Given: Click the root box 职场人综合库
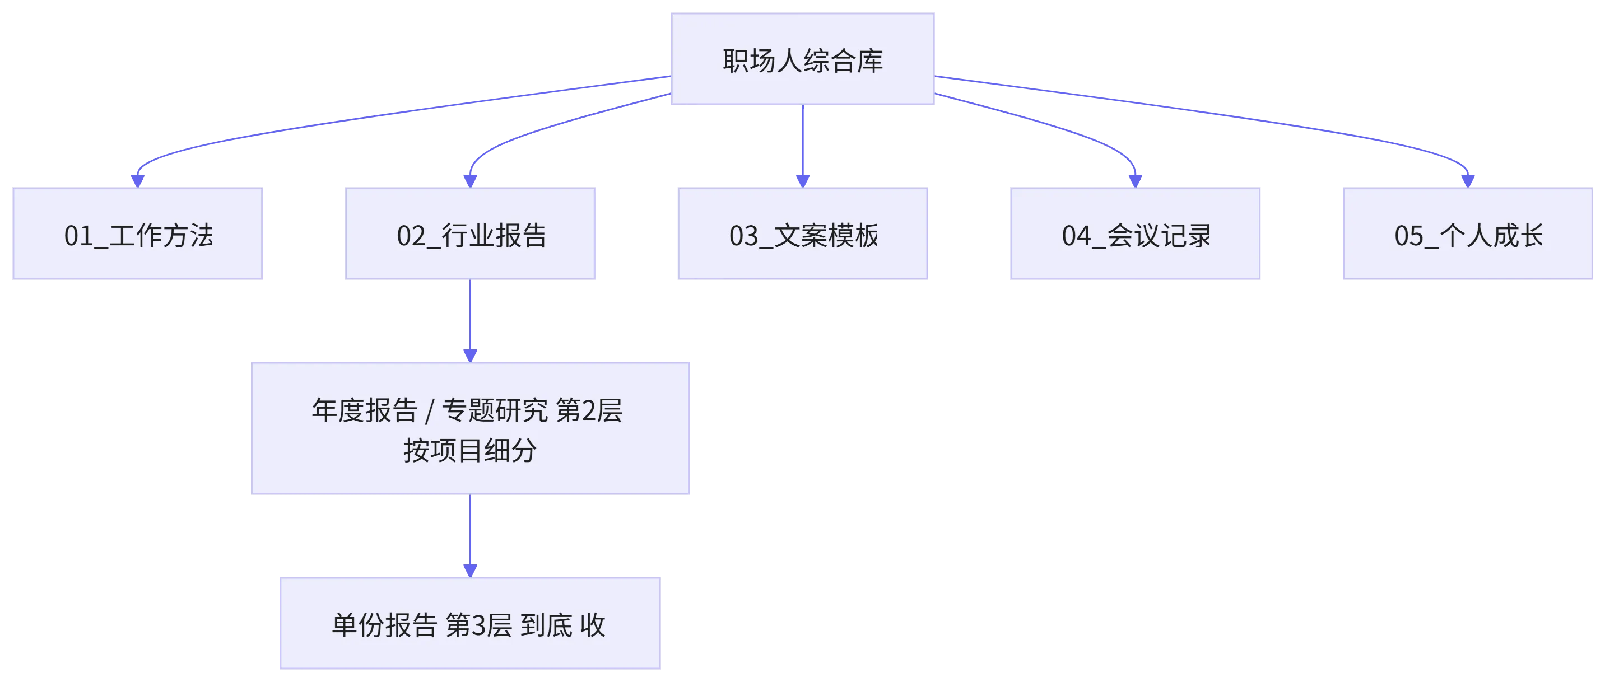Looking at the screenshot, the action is click(x=802, y=59).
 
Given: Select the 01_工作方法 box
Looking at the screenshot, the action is click(x=138, y=233).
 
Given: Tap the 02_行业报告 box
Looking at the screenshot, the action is click(x=471, y=233).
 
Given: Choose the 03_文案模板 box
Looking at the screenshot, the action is click(x=802, y=233).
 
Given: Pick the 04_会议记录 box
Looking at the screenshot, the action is click(x=1135, y=233).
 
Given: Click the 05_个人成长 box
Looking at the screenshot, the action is click(x=1468, y=233).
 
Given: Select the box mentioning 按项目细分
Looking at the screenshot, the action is click(x=471, y=428).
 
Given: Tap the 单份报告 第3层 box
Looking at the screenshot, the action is click(x=471, y=623).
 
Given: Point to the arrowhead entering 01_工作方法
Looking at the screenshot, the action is click(x=138, y=181).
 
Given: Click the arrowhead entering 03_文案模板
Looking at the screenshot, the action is click(x=802, y=181).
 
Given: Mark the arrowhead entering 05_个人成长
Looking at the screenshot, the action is click(x=1468, y=181).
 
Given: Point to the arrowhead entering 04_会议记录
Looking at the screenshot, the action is click(x=1135, y=181).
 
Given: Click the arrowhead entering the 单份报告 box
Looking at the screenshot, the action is click(x=471, y=571).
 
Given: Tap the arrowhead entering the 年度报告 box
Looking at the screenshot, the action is click(x=471, y=356).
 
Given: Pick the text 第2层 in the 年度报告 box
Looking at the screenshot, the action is click(x=589, y=410).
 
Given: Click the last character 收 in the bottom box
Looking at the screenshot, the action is click(x=593, y=625).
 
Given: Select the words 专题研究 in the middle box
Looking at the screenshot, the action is click(x=495, y=410).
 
